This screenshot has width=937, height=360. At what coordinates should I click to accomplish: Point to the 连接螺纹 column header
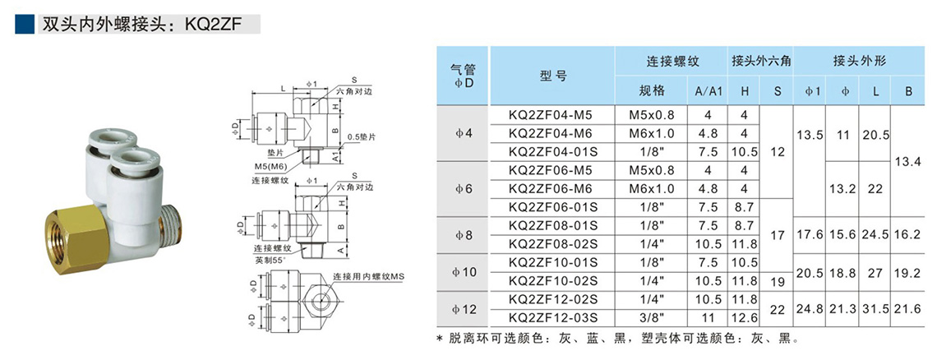[x=672, y=61]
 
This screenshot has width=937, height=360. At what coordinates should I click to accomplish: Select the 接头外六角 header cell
[x=761, y=61]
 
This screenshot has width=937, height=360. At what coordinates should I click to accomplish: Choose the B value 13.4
[x=908, y=162]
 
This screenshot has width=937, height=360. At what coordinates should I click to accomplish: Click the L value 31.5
[x=875, y=308]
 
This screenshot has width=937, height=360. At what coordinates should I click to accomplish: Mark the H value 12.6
[x=744, y=317]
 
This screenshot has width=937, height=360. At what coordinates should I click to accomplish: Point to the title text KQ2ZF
[x=215, y=25]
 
